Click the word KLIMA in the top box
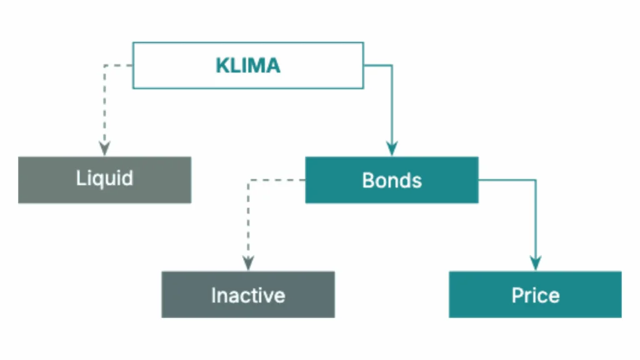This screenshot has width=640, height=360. [248, 66]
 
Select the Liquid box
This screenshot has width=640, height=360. [104, 180]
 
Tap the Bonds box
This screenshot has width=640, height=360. [392, 180]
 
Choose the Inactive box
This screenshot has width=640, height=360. [248, 294]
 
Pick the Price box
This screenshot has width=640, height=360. [535, 294]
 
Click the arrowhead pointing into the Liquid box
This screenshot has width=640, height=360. [104, 149]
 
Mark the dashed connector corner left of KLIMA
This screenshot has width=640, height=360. [104, 65]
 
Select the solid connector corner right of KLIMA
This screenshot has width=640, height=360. [392, 65]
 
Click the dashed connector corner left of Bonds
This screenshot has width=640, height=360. [248, 180]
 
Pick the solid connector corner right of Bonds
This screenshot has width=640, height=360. [536, 180]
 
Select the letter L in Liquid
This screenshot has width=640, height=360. [80, 178]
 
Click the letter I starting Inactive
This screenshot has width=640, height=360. [213, 295]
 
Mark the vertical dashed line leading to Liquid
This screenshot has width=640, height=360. [104, 106]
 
